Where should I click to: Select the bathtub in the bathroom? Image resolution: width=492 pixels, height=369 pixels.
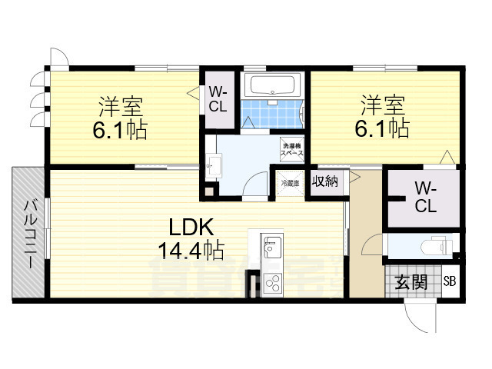[273, 85]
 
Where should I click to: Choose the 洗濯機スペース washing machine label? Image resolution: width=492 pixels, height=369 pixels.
[291, 149]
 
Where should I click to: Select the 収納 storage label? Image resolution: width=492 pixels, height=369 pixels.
[324, 181]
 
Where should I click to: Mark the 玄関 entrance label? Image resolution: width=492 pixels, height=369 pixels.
[411, 282]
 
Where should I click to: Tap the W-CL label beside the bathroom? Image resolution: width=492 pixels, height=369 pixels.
[217, 99]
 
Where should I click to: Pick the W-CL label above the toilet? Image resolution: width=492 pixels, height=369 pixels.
[425, 198]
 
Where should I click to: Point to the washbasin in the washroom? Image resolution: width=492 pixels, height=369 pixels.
[213, 164]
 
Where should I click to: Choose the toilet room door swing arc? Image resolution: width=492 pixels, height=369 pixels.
[372, 246]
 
